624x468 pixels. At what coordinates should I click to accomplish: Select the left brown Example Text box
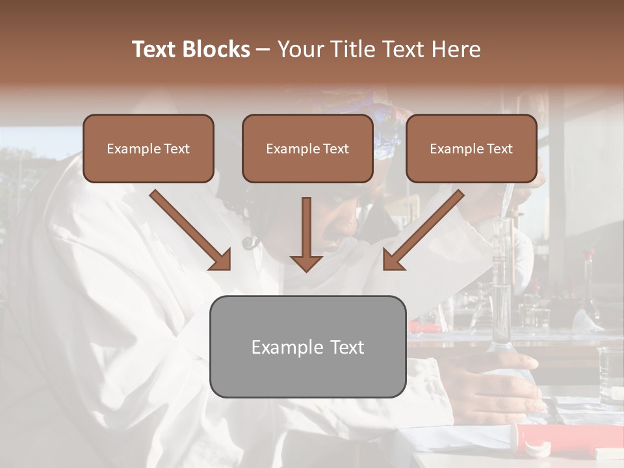[148, 148]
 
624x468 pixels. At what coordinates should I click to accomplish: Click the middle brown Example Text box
[307, 148]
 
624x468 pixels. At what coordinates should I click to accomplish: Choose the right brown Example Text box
[471, 148]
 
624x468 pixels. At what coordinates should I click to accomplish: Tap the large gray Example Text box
[307, 346]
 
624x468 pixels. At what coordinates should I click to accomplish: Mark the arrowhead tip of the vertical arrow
[306, 270]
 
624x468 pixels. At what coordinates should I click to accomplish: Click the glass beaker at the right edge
[611, 377]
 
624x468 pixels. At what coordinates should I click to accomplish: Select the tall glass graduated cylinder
[502, 286]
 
